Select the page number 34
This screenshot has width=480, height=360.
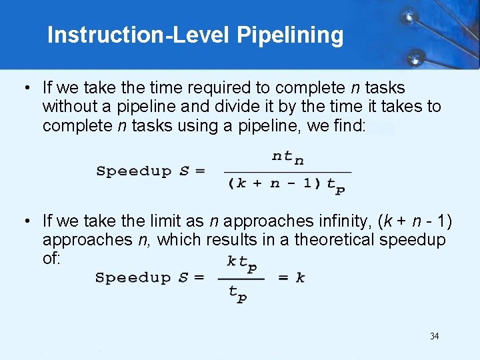pyautogui.click(x=434, y=336)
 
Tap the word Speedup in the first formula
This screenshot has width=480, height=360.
pyautogui.click(x=134, y=171)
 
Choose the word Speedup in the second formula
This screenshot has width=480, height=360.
pyautogui.click(x=133, y=277)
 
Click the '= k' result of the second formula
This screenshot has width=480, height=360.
pyautogui.click(x=291, y=277)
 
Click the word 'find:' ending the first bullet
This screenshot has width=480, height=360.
pyautogui.click(x=347, y=125)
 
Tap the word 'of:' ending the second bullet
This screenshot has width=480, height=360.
pyautogui.click(x=51, y=259)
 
